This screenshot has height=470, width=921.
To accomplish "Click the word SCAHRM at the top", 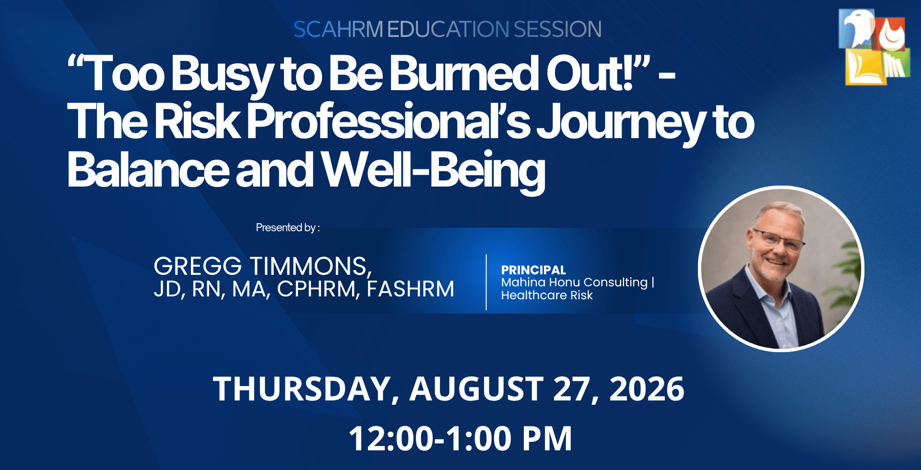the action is [338, 29].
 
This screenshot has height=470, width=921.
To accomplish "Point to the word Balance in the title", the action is [148, 170].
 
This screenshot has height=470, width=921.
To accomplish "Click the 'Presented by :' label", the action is [288, 227].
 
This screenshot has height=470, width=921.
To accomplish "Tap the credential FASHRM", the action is [411, 289].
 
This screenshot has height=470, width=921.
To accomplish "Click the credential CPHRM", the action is [318, 290].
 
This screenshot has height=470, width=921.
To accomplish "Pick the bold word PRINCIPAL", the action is [533, 270].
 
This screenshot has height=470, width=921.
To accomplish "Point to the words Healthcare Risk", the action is [547, 295].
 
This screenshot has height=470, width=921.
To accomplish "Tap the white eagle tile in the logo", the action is [857, 28].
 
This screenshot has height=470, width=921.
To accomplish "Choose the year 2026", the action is [647, 389].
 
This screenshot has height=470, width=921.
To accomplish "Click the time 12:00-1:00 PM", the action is [460, 438].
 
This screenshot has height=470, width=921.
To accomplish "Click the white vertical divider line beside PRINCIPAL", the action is [486, 282].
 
